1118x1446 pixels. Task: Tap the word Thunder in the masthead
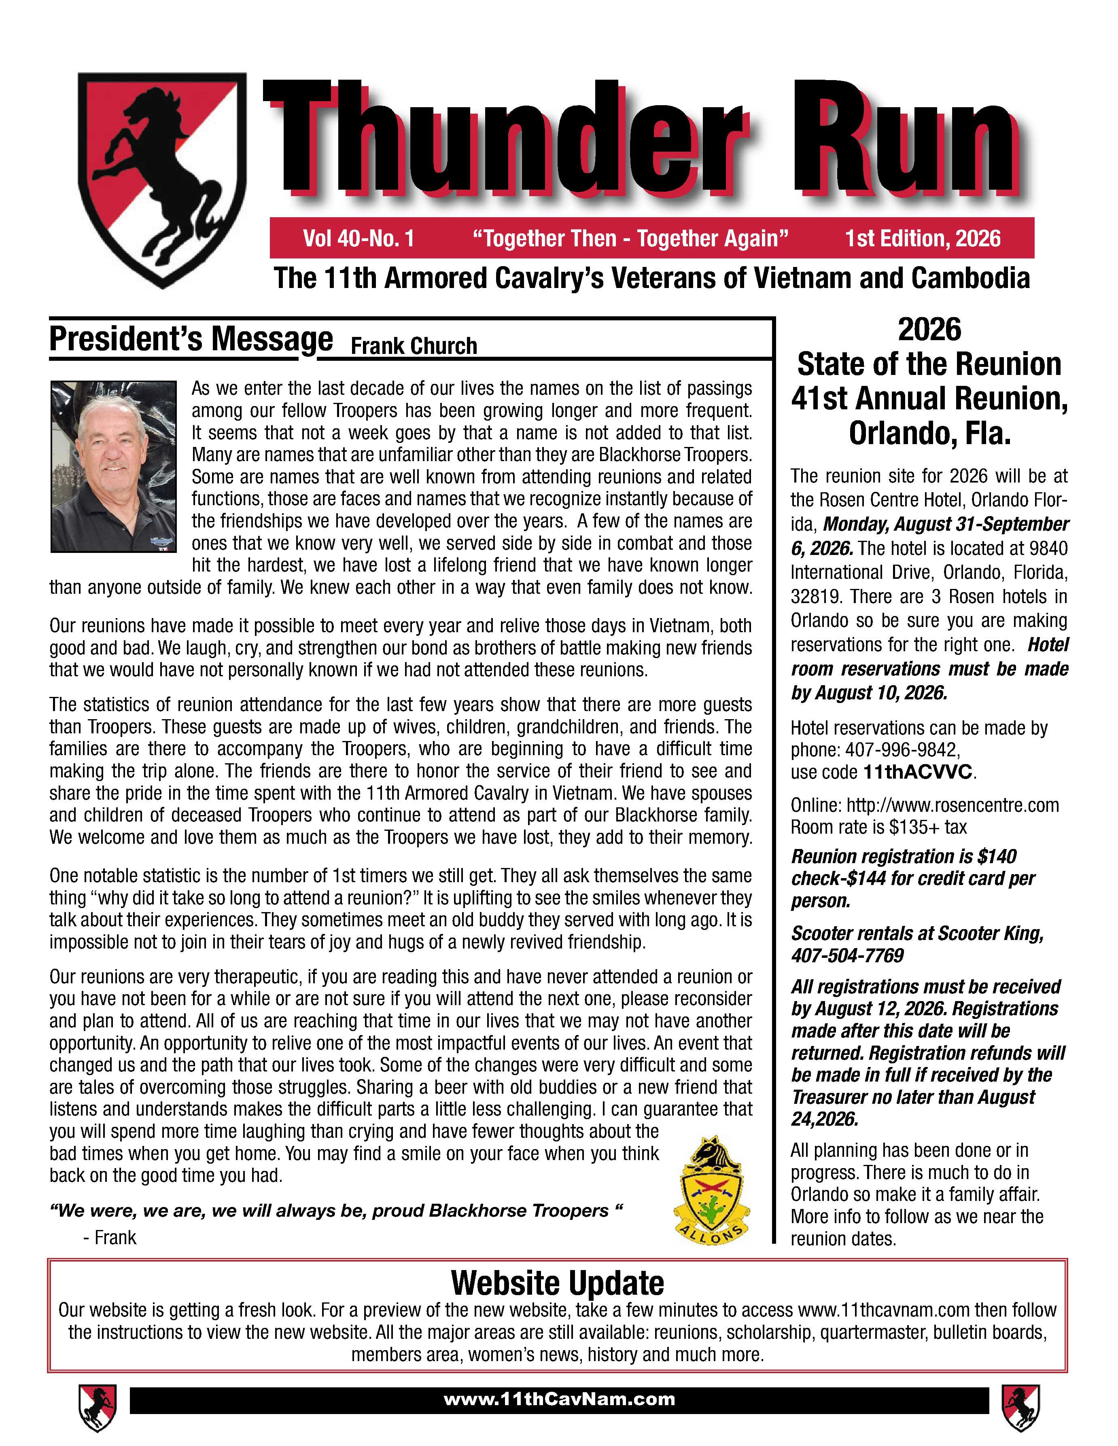click(x=507, y=139)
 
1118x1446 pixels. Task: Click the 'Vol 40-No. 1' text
click(x=359, y=238)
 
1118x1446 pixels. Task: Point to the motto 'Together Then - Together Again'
click(x=630, y=238)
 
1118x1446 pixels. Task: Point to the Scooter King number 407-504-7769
click(x=847, y=955)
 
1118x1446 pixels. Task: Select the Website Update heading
click(x=557, y=1283)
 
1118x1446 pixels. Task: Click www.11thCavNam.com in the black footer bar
click(x=559, y=1399)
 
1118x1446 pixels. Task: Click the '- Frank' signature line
click(x=110, y=1237)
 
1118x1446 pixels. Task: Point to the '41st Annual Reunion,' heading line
click(x=929, y=398)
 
